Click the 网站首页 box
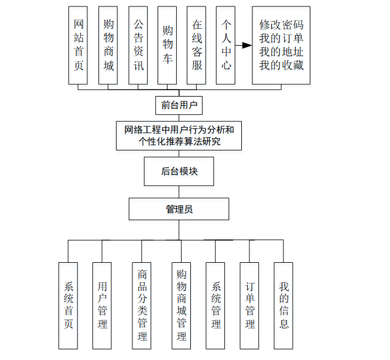point(79,45)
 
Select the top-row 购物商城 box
point(108,45)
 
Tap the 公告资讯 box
point(138,45)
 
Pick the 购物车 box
point(167,45)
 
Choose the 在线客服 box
point(197,45)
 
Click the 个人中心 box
point(227,45)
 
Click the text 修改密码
point(282,25)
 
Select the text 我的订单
point(282,38)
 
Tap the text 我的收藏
point(282,65)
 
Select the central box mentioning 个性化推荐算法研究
point(179,135)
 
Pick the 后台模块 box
point(179,172)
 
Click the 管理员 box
point(179,209)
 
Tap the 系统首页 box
point(69,305)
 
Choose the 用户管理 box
point(102,305)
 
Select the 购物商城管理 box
point(182,305)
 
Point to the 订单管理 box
point(250,305)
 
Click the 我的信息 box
point(284,305)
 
